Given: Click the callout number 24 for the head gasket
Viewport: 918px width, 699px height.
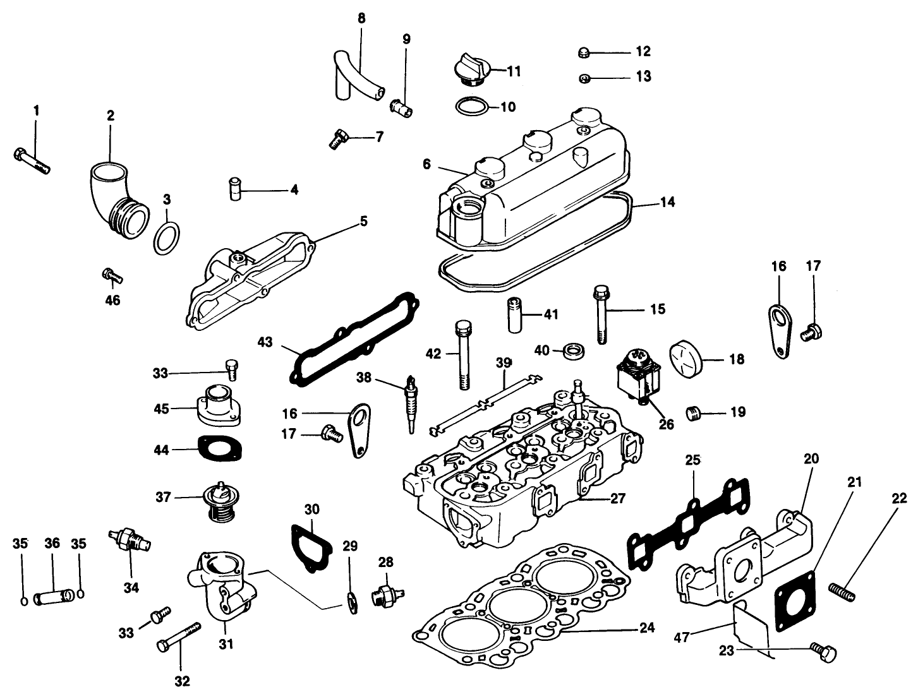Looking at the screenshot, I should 646,628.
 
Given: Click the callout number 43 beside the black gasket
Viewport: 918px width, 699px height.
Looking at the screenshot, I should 265,342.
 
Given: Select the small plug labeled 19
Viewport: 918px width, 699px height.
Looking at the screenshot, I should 696,414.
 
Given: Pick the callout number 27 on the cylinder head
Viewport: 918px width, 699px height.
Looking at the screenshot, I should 618,499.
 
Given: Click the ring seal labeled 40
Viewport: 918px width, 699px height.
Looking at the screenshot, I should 575,349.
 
